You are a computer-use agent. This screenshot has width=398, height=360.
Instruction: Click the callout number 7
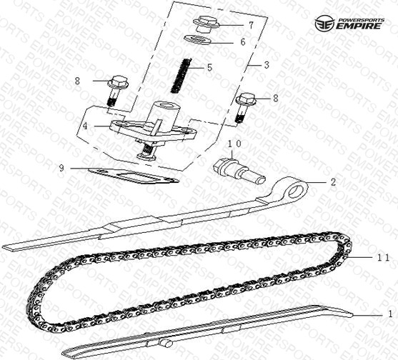[x=251, y=25]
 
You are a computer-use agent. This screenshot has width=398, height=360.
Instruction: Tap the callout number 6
[x=243, y=42]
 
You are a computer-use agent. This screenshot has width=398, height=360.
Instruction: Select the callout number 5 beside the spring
[x=209, y=67]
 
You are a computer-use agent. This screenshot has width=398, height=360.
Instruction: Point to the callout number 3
[x=267, y=65]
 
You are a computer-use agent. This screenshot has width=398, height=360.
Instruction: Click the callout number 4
[x=85, y=126]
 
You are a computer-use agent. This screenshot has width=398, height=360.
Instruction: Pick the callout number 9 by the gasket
[x=61, y=168]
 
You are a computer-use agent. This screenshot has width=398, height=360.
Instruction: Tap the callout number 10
[x=234, y=144]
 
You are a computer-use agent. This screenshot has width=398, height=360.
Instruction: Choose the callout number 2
[x=333, y=181]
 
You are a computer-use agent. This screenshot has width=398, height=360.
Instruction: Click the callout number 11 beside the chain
[x=382, y=258]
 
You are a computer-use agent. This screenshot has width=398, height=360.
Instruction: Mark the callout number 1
[x=390, y=314]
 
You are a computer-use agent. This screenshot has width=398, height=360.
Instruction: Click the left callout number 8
[x=77, y=81]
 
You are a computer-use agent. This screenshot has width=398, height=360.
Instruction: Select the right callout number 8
[x=276, y=98]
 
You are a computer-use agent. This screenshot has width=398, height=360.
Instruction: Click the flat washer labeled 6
[x=197, y=39]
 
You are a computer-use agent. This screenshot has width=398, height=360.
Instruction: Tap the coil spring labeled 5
[x=181, y=75]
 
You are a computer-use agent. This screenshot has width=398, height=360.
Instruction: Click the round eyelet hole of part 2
[x=296, y=191]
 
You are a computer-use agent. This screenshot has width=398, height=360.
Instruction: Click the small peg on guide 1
[x=166, y=344]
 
